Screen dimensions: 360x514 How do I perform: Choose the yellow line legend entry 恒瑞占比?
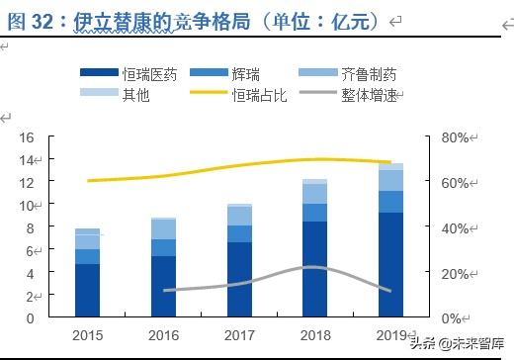click(x=258, y=93)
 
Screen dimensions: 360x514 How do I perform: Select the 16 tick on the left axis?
click(x=28, y=137)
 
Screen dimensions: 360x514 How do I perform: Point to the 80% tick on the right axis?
click(x=457, y=137)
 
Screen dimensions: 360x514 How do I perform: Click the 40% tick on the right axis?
click(x=457, y=227)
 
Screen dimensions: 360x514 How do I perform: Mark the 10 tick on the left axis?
click(x=28, y=205)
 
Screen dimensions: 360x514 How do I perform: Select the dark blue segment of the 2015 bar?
click(x=87, y=291)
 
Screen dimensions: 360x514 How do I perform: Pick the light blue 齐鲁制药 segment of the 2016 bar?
click(x=163, y=229)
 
